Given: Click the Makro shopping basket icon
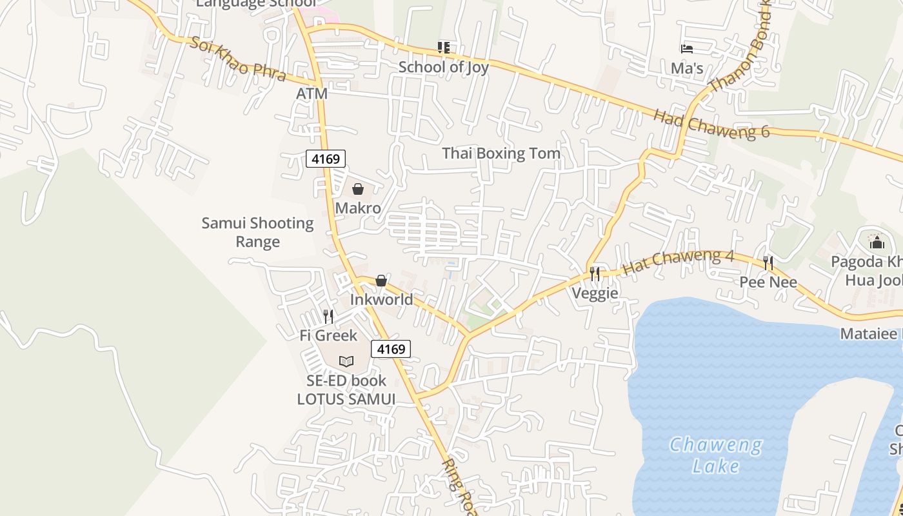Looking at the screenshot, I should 357,189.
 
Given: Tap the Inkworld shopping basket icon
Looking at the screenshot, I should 381,281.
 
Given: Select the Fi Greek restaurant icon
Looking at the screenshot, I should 328,316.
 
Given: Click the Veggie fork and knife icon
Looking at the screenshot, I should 595,274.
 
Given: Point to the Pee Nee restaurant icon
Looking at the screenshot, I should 768,263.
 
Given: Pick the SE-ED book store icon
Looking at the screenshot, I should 346,361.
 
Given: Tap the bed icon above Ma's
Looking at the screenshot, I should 687,48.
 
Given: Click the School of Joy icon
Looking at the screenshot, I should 443,47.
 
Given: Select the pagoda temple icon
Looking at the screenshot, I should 876,243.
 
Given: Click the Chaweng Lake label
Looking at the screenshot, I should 715,455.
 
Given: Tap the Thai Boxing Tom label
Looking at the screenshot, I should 501,154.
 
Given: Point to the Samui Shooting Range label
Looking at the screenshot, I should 257,232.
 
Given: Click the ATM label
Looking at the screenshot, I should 312,94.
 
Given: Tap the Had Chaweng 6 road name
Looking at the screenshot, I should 711,123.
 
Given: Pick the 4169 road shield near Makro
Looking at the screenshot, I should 326,159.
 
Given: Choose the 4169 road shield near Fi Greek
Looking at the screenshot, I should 391,350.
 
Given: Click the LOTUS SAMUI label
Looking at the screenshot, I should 346,399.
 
